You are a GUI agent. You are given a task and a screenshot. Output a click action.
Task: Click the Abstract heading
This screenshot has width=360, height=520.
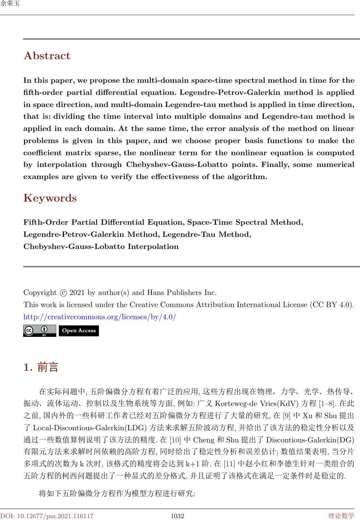47,56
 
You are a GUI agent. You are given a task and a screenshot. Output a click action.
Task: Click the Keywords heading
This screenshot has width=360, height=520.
50,198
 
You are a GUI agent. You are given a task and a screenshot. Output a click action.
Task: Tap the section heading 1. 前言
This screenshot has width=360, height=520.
41,367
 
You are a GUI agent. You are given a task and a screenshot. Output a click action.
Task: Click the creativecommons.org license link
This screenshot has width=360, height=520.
100,317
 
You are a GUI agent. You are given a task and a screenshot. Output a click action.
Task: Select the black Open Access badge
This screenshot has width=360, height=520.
79,331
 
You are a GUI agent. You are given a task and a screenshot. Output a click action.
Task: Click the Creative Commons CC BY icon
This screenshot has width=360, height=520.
40,331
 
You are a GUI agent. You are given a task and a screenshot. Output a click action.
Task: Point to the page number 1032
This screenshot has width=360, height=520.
177,516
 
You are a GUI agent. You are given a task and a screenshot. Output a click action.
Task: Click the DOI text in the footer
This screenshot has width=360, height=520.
47,516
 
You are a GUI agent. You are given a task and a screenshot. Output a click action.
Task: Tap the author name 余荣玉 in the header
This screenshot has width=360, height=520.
10,4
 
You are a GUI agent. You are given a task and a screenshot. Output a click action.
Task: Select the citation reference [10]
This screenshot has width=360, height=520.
175,440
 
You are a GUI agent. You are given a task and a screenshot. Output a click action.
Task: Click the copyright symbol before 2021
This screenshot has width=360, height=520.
63,293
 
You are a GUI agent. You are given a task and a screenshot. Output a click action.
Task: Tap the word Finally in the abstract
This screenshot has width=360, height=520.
274,165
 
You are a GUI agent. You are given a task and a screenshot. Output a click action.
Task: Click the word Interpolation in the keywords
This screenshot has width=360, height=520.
153,246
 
